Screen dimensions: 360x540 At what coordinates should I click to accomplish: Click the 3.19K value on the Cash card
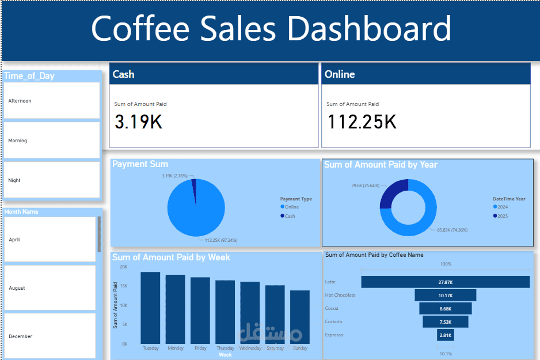tap(138, 122)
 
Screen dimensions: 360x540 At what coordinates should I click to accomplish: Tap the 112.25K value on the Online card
tap(362, 122)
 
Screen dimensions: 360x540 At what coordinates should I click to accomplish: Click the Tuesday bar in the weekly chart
tap(150, 308)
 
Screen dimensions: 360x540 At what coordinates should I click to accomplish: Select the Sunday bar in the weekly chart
tap(299, 317)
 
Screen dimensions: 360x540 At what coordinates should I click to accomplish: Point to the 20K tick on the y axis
tap(123, 267)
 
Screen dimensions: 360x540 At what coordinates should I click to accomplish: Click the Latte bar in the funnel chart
tap(445, 282)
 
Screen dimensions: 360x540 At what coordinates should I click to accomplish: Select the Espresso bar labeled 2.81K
tap(445, 335)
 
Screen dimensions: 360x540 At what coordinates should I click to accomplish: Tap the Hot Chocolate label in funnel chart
tap(340, 295)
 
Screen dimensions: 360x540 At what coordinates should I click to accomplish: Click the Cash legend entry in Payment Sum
tap(290, 216)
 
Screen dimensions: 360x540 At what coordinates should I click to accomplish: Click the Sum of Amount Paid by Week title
tap(171, 257)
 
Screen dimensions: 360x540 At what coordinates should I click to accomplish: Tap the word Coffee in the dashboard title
tap(143, 29)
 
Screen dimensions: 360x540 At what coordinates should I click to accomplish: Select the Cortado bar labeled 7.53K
tap(445, 321)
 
